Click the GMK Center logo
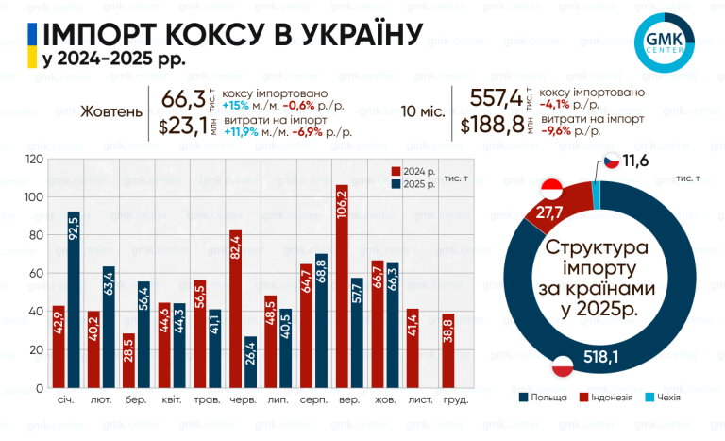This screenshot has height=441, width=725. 665,42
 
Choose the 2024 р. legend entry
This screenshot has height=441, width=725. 413,172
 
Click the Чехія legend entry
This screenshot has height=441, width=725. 663,397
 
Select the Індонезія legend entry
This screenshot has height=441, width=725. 606,397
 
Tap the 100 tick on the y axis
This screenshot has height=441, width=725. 33,197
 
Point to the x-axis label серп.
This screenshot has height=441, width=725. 313,399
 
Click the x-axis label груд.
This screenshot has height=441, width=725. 455,399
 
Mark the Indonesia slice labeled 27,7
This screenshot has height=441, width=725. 561,206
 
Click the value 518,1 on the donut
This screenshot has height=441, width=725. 600,357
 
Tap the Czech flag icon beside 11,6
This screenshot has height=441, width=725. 612,161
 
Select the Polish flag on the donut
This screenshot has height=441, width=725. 563,365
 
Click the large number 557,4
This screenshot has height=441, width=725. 497,98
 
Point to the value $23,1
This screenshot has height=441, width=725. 183,126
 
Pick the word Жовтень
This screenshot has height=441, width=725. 111,111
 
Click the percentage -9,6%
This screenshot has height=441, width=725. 556,131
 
